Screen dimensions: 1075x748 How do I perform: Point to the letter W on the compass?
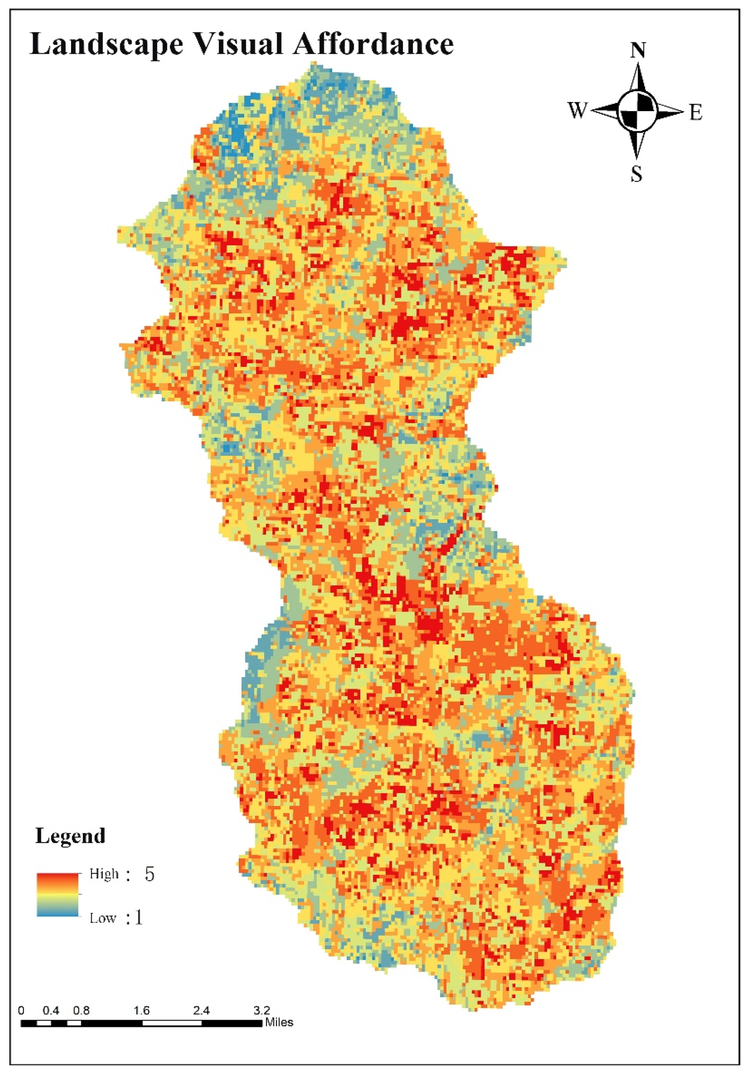tap(577, 111)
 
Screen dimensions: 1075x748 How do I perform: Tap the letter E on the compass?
tap(696, 113)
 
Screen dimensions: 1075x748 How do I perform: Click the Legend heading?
tap(70, 836)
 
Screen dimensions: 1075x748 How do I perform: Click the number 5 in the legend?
tap(149, 874)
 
